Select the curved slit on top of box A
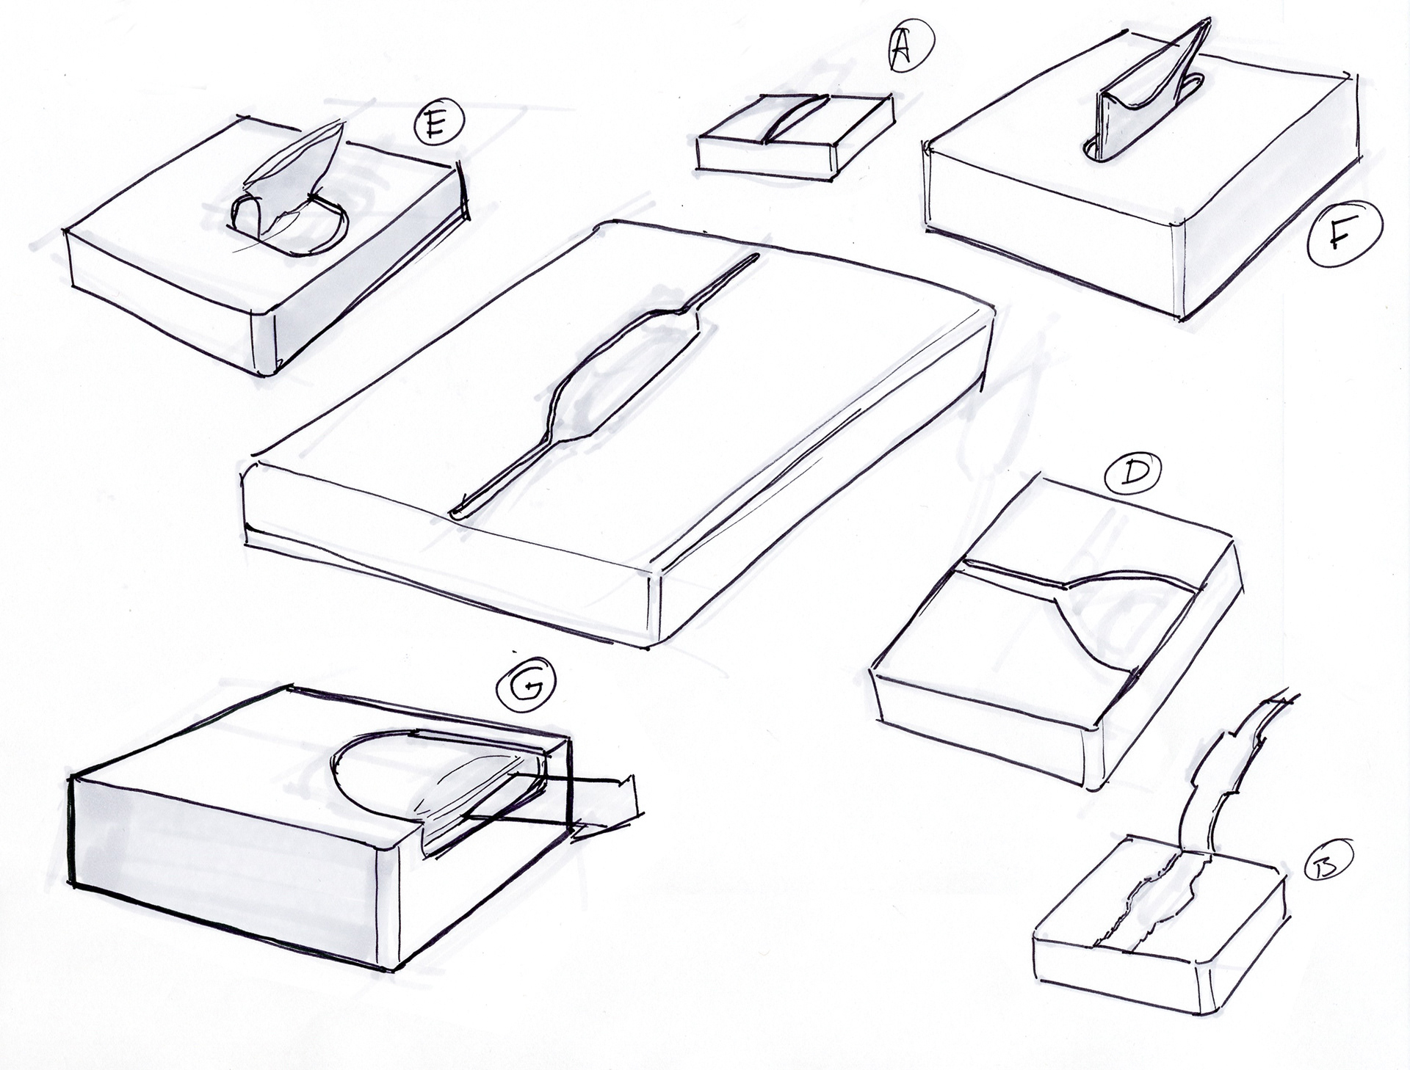click(x=798, y=120)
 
